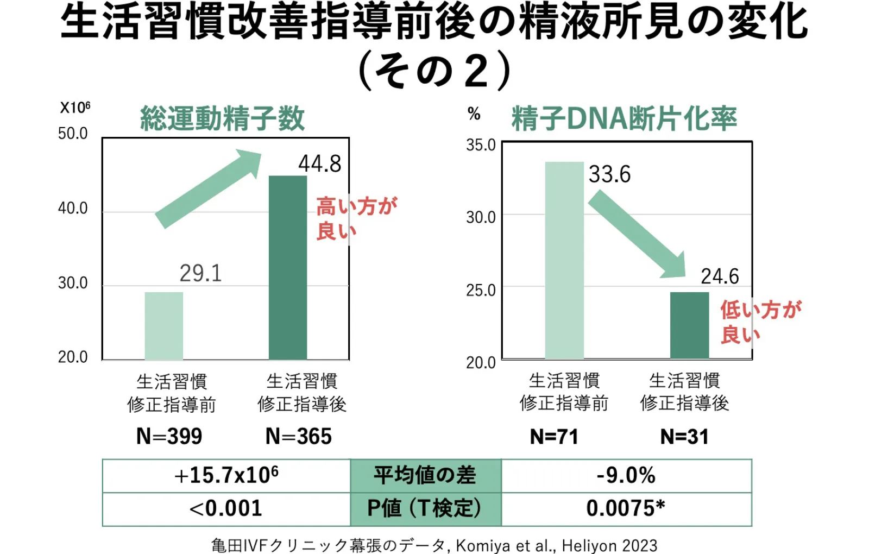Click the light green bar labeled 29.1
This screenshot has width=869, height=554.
[x=163, y=326]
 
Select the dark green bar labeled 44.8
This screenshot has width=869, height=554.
[x=288, y=267]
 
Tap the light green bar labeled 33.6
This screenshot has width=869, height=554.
[x=564, y=260]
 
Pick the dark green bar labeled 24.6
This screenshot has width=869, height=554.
[x=689, y=325]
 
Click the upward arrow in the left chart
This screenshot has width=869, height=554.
[x=208, y=188]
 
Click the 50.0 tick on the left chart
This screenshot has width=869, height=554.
[x=73, y=134]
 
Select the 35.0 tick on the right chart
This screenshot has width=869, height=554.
[x=481, y=146]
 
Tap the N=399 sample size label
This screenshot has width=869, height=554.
[x=169, y=437]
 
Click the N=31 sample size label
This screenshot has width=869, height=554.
[x=684, y=437]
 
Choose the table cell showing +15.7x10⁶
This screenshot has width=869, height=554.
[x=226, y=476]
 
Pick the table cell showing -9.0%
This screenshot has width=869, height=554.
[x=626, y=476]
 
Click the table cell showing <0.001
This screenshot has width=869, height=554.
[x=226, y=509]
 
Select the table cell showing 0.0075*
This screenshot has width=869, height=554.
[x=626, y=509]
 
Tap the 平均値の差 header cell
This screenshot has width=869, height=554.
[x=425, y=476]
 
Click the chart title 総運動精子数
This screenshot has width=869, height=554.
[x=222, y=119]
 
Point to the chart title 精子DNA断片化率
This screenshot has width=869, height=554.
[x=624, y=119]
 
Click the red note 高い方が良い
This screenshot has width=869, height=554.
[x=356, y=218]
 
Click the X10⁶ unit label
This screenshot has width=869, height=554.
[x=75, y=108]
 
